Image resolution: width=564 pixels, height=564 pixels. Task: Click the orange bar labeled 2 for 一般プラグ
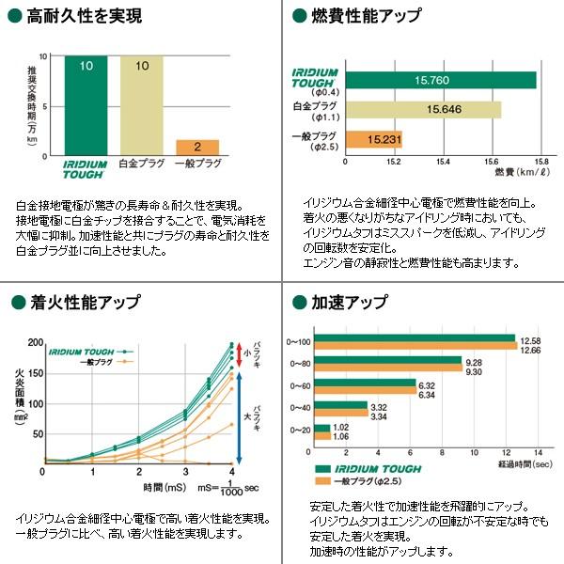pos(197,147)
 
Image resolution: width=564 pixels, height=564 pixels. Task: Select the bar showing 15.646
pos(423,110)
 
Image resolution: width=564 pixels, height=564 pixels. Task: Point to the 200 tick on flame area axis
pos(36,342)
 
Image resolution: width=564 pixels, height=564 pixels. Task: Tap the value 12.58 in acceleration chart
pos(530,339)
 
